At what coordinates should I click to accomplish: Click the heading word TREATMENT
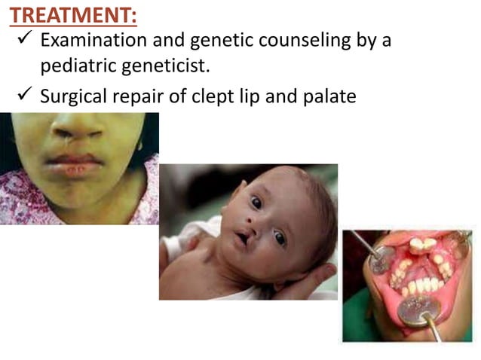coord(72,14)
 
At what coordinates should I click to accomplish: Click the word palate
coord(328,96)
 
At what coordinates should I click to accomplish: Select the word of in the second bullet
coord(178,96)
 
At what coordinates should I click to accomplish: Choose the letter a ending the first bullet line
coord(387,41)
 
